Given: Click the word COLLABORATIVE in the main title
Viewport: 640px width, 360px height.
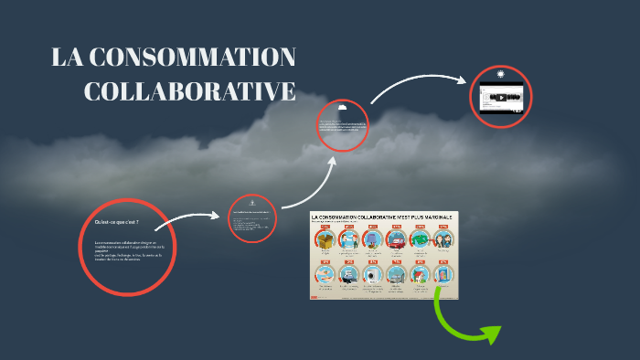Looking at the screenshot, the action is pyautogui.click(x=190, y=91).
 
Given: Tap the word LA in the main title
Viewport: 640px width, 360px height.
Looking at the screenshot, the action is pyautogui.click(x=67, y=58).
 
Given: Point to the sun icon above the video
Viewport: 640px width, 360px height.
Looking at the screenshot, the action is pyautogui.click(x=501, y=73).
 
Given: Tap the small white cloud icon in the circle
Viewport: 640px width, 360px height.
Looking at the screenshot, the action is pyautogui.click(x=341, y=107).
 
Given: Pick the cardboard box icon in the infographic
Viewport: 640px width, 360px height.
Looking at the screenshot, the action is pyautogui.click(x=325, y=240).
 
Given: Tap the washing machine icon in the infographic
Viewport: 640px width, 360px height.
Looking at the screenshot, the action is pyautogui.click(x=372, y=274).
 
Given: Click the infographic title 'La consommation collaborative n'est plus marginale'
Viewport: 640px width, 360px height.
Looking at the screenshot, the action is pyautogui.click(x=384, y=217).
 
